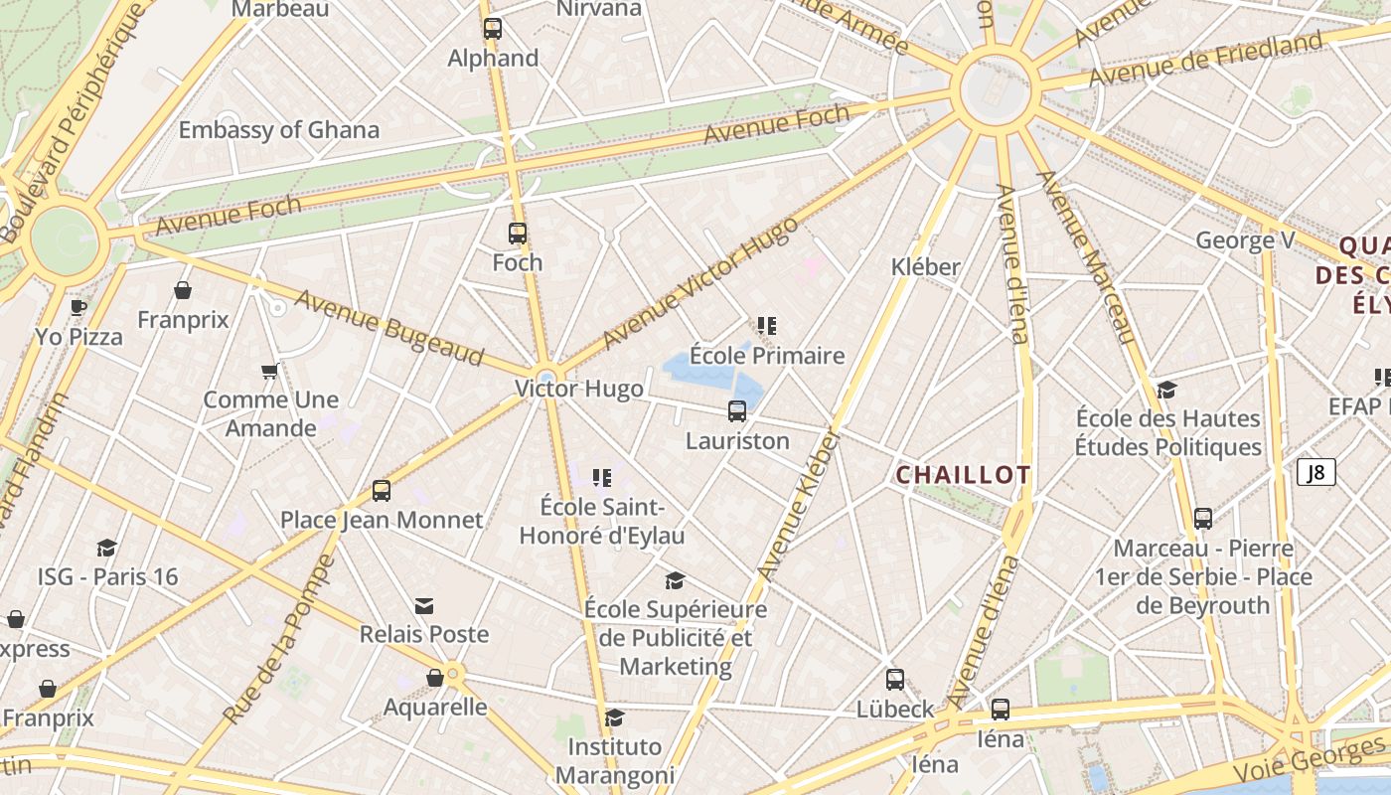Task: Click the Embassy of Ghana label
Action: (278, 129)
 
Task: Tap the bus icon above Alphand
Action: (493, 29)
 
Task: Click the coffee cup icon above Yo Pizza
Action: (78, 306)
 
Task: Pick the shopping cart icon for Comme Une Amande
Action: (269, 372)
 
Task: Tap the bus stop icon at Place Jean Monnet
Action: (382, 490)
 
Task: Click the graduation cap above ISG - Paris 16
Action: (106, 548)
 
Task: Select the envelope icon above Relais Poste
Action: (424, 606)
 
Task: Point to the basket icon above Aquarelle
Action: (434, 678)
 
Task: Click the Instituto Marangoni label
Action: (614, 760)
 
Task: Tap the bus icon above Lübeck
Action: (895, 680)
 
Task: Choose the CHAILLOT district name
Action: (963, 475)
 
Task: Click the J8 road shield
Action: (1315, 472)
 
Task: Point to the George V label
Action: (1246, 240)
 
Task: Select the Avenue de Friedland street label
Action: (1205, 60)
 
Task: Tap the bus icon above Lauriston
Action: (737, 411)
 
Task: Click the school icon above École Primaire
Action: (766, 326)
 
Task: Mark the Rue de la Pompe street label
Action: (280, 641)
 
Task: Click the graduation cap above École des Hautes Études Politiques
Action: (1167, 390)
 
